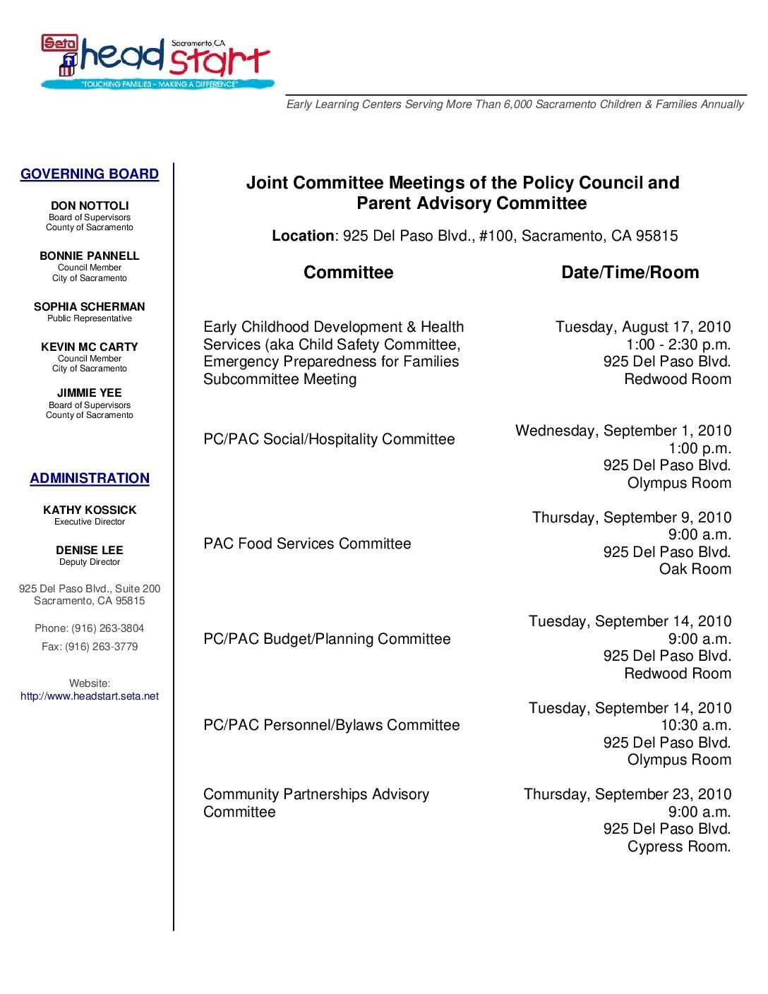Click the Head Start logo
(156, 62)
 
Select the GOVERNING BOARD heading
(90, 174)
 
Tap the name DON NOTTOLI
(90, 206)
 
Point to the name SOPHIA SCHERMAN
(90, 307)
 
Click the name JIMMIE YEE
(90, 393)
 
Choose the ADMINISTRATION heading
(90, 479)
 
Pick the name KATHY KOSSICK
(90, 510)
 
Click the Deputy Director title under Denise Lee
(90, 563)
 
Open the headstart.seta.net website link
(90, 696)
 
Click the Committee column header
(348, 273)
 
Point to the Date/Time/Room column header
(630, 273)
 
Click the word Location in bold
(303, 236)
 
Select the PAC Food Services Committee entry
(307, 544)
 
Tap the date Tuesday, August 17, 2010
(643, 327)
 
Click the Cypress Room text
(679, 846)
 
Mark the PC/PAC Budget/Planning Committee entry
(327, 639)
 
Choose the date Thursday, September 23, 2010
(628, 794)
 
